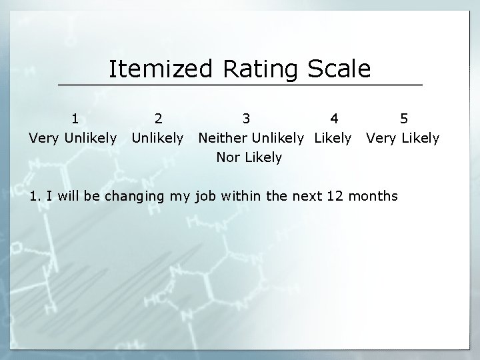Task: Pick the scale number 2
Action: [157, 119]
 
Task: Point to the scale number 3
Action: [247, 119]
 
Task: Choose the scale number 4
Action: [334, 119]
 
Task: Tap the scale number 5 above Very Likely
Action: [404, 119]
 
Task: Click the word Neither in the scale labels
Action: [222, 139]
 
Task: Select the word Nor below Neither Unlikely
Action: [228, 158]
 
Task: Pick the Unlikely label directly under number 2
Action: [157, 139]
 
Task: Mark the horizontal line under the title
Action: [240, 85]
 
